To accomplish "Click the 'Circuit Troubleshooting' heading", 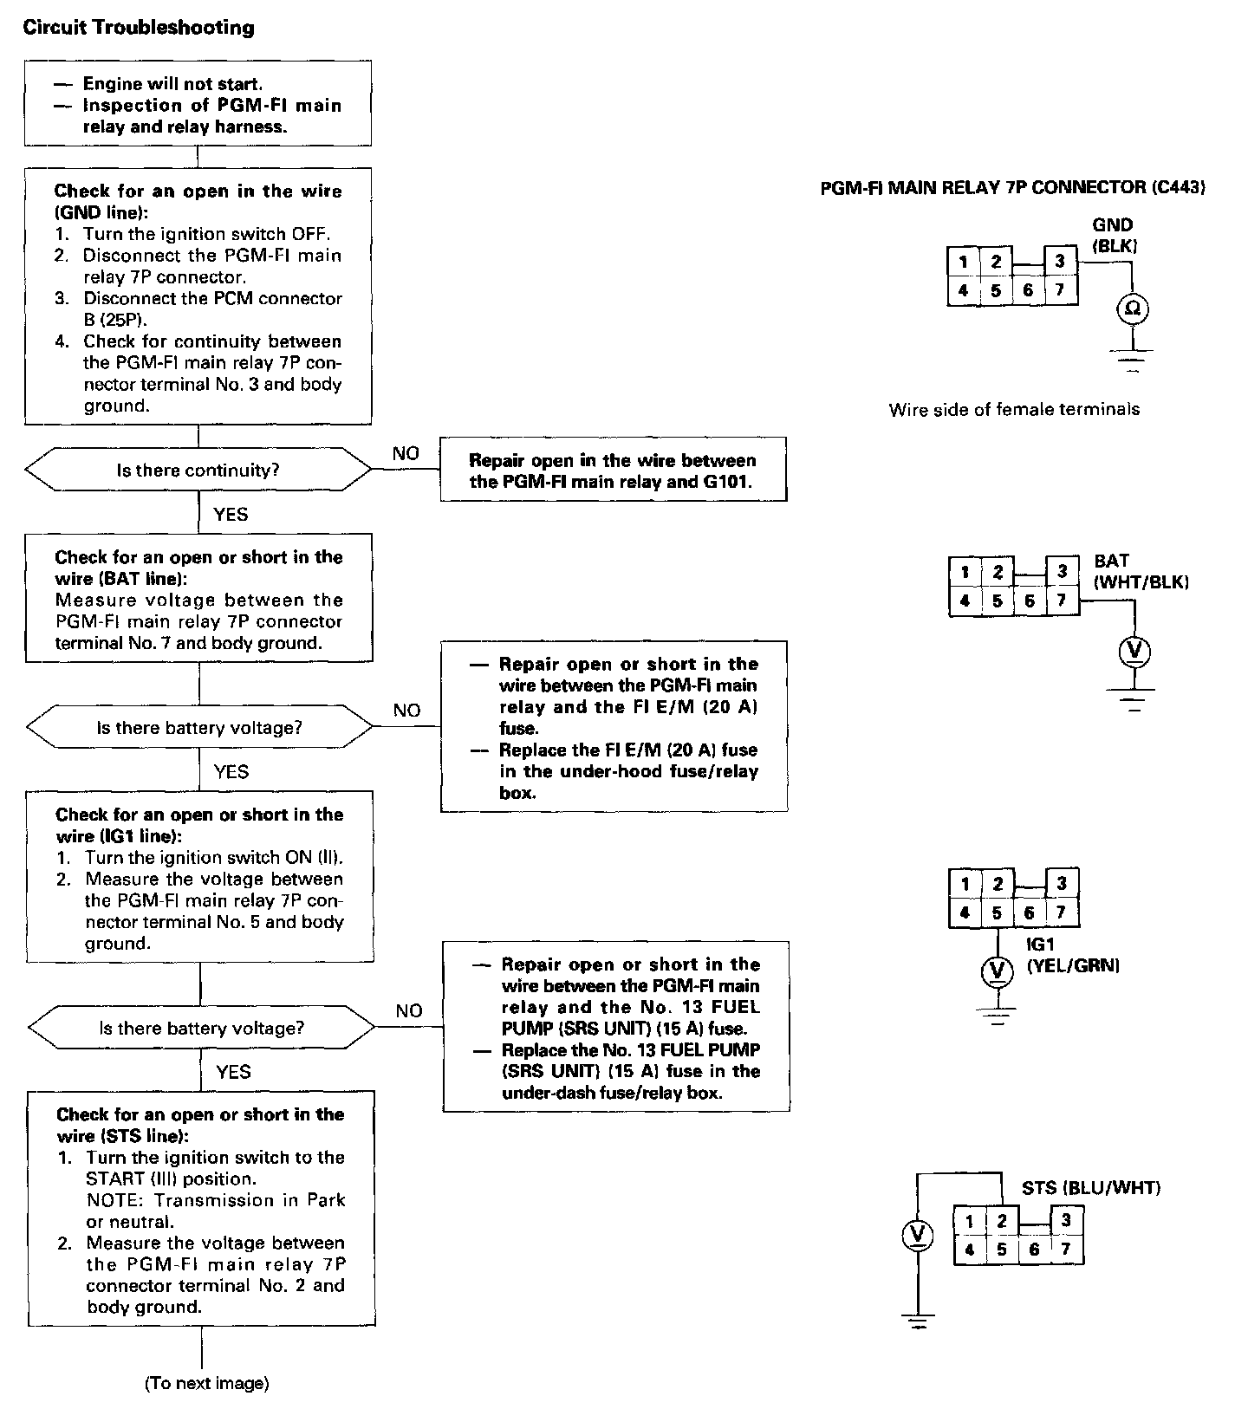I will (x=139, y=28).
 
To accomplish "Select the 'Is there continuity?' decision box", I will (x=198, y=471).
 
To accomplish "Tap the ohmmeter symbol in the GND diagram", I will (x=1132, y=308).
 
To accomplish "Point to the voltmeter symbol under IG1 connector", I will (x=997, y=971).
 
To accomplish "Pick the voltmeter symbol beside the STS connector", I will (x=917, y=1236).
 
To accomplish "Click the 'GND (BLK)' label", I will (x=1113, y=235).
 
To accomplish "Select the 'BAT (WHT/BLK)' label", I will (x=1141, y=572).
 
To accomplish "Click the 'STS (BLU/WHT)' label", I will (x=1090, y=1188).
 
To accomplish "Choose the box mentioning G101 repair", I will (x=613, y=471).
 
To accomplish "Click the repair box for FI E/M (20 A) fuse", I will (x=614, y=727).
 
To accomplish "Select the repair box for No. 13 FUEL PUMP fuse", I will (x=616, y=1027).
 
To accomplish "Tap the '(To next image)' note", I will (x=206, y=1384).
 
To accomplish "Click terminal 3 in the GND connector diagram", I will (x=1060, y=262).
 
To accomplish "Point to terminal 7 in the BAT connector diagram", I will (x=1063, y=600).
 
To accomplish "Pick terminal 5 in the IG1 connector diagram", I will (x=997, y=912).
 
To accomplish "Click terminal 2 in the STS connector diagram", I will (x=1001, y=1222).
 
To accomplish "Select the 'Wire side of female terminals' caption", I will (x=1014, y=410).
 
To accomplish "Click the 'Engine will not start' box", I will (x=198, y=104).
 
